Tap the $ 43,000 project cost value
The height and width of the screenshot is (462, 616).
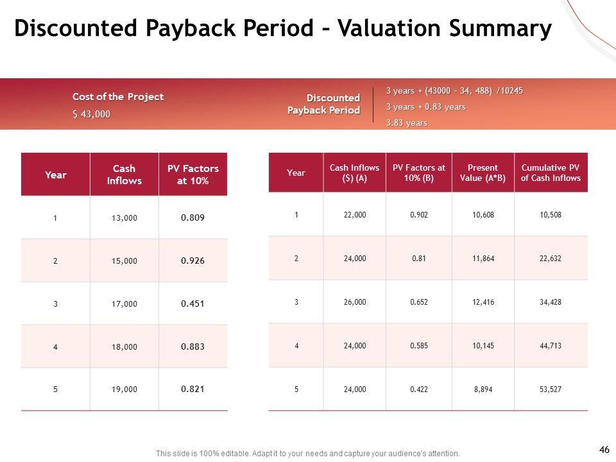click(x=91, y=114)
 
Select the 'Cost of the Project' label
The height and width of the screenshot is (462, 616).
click(x=118, y=97)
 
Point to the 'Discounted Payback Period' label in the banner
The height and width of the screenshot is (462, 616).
click(x=323, y=104)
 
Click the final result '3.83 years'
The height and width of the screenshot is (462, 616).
click(x=406, y=123)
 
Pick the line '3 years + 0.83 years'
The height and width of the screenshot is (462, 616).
click(x=425, y=107)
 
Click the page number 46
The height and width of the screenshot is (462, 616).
click(x=604, y=450)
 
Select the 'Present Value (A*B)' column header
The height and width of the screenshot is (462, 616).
click(x=483, y=173)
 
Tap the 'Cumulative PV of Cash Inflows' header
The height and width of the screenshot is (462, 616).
click(x=551, y=173)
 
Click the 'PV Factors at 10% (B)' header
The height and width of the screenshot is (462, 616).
click(x=418, y=173)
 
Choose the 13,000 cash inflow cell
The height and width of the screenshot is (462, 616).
click(x=124, y=218)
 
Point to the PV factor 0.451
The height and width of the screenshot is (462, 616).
click(x=193, y=304)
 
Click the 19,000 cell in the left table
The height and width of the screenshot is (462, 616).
click(x=124, y=389)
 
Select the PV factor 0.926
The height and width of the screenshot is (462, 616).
click(x=193, y=261)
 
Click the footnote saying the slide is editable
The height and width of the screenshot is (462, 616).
click(x=308, y=454)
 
